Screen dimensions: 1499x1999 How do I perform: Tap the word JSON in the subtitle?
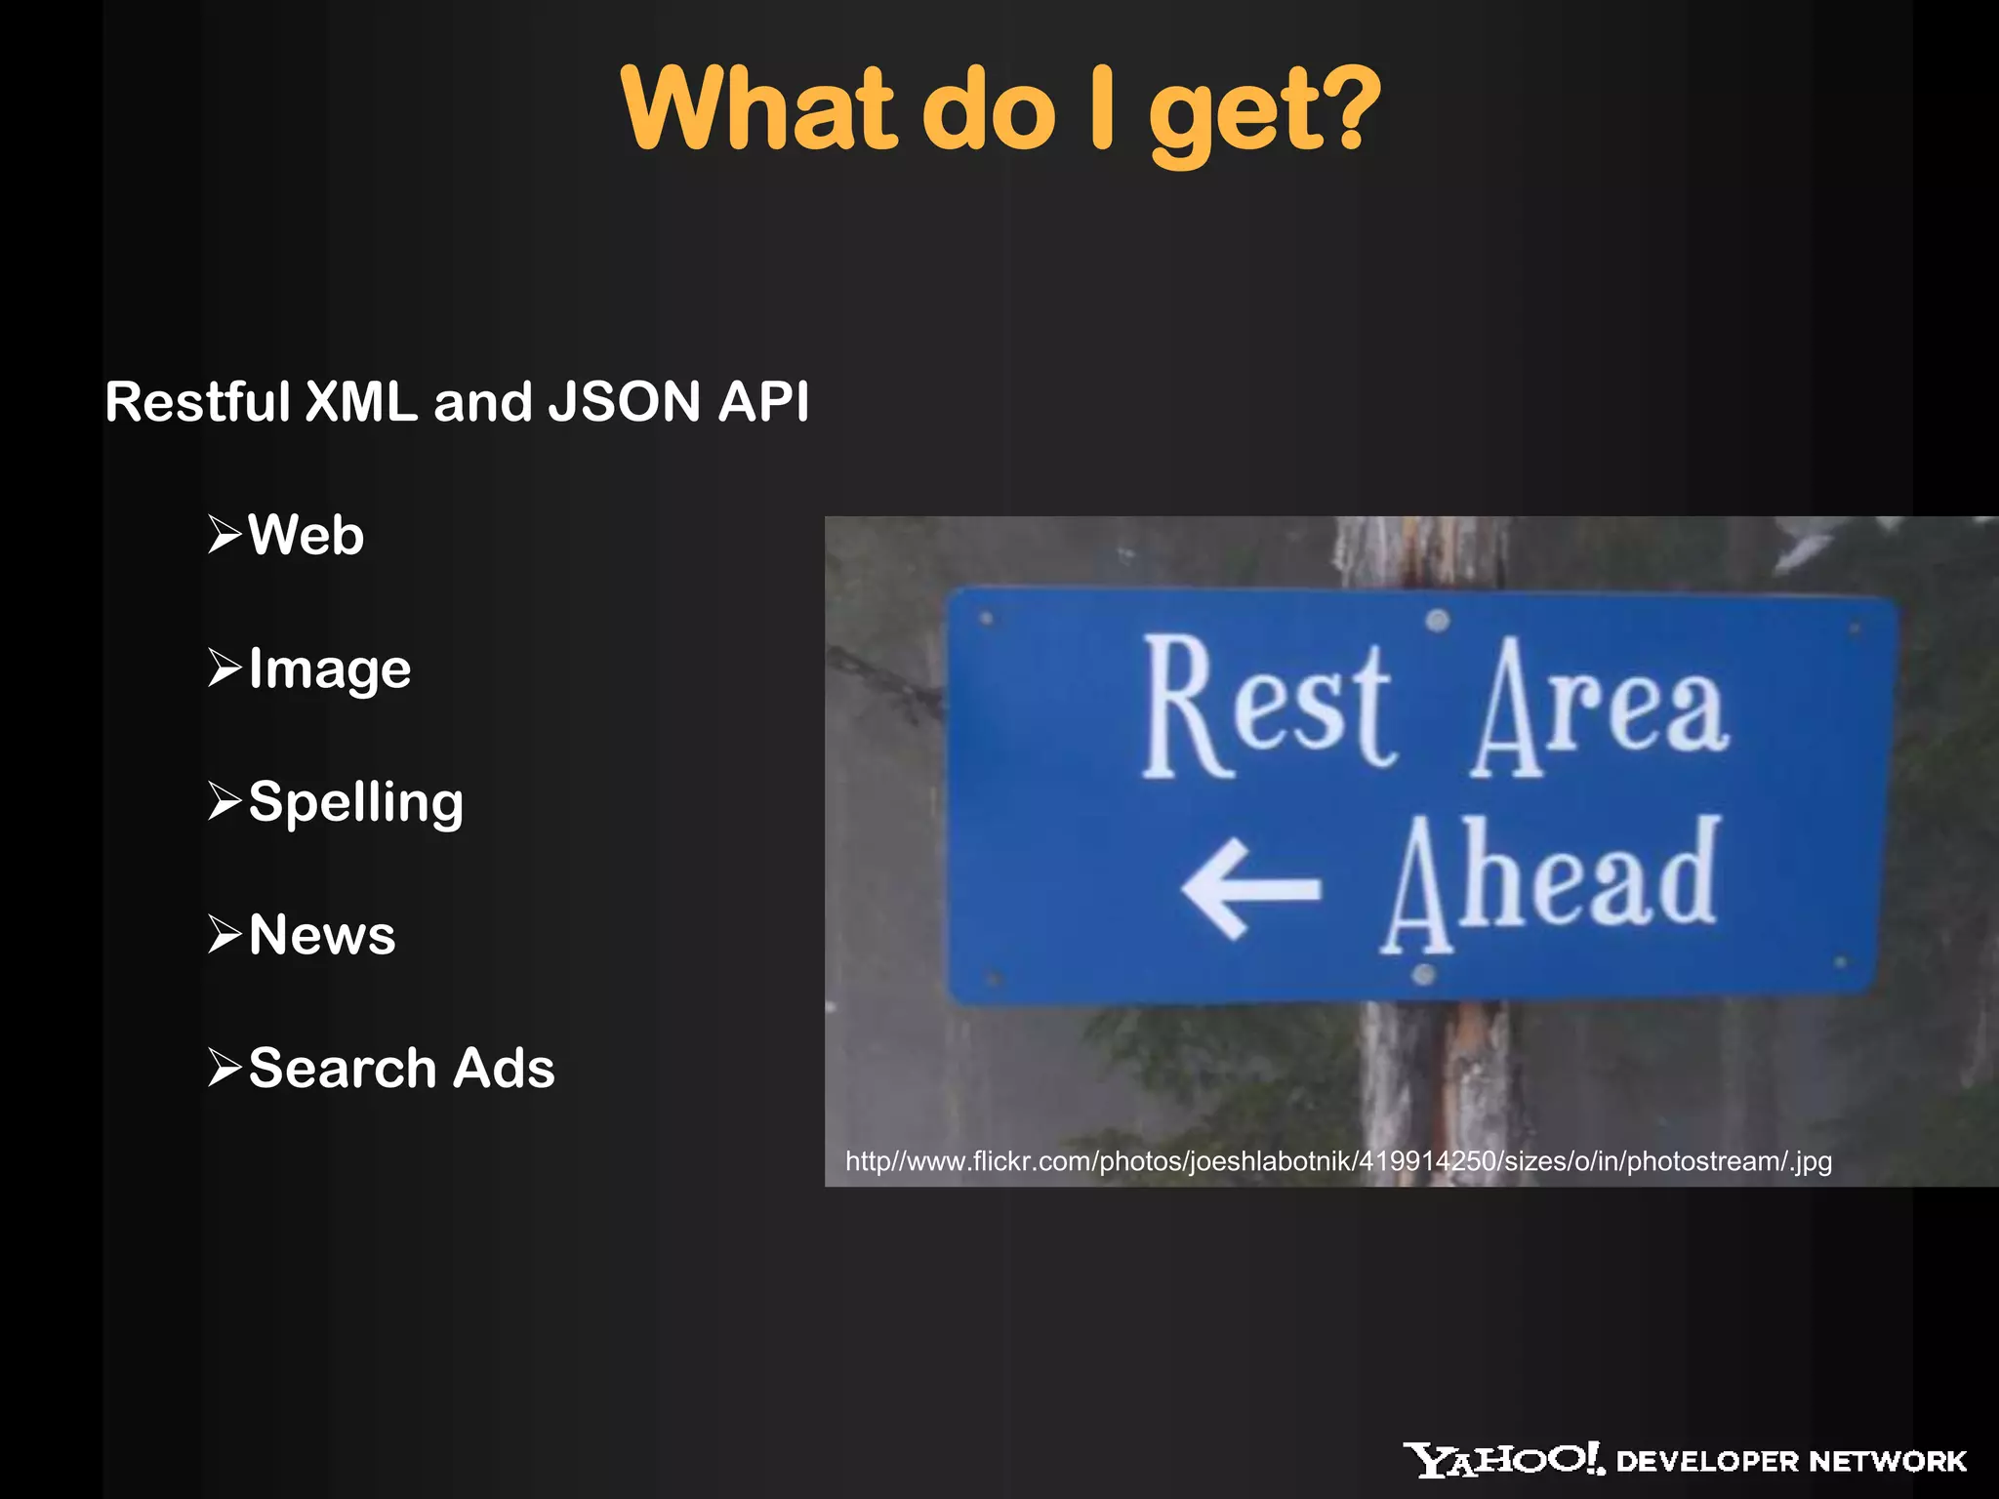point(625,401)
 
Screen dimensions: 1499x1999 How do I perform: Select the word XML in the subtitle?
point(361,401)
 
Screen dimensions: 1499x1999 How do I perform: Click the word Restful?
point(197,401)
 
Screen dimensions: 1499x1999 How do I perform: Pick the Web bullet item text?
point(306,535)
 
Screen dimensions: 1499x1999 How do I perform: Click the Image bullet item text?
point(330,669)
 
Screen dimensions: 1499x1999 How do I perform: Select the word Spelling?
point(355,802)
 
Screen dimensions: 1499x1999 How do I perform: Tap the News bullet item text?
point(322,935)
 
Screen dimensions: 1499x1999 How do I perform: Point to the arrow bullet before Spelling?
point(224,801)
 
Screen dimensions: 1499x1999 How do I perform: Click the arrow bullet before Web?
point(224,534)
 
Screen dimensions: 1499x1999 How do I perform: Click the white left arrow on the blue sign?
point(1250,888)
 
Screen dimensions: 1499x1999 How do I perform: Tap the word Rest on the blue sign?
point(1268,708)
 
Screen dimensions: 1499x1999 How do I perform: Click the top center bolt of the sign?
point(1438,620)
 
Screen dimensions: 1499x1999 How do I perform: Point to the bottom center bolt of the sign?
point(1424,974)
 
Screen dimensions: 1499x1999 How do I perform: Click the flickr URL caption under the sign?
point(1337,1161)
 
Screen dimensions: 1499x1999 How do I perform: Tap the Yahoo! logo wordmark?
point(1503,1460)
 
